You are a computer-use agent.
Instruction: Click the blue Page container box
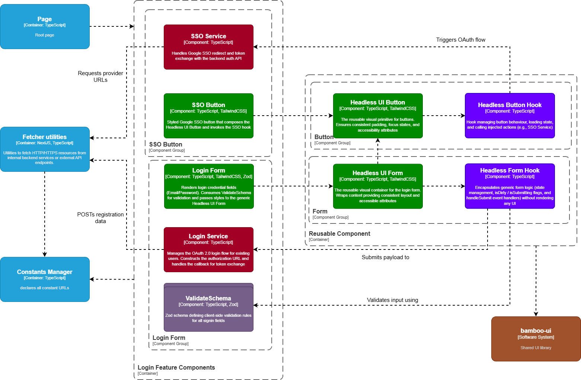point(45,27)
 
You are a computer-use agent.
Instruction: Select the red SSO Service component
point(208,47)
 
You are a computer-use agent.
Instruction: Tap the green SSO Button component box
point(208,116)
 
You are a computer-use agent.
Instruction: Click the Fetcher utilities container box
point(45,149)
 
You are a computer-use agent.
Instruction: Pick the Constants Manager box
point(45,279)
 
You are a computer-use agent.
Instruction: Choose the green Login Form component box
point(208,186)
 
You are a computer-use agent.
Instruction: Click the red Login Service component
point(208,249)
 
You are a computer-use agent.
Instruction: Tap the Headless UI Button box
point(378,116)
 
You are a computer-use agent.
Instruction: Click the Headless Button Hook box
point(510,116)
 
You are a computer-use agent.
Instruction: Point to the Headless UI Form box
point(378,186)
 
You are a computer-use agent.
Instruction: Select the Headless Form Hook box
point(510,186)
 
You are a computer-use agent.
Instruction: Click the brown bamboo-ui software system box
point(536,339)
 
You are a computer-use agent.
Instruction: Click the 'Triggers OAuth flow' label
point(460,40)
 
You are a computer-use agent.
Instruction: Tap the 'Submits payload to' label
point(385,257)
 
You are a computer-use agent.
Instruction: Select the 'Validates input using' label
point(392,300)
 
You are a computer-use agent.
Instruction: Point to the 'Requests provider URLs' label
point(100,76)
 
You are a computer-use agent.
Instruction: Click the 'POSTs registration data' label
point(100,218)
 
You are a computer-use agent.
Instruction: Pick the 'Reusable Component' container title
point(339,234)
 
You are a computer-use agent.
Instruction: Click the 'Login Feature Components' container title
point(176,367)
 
